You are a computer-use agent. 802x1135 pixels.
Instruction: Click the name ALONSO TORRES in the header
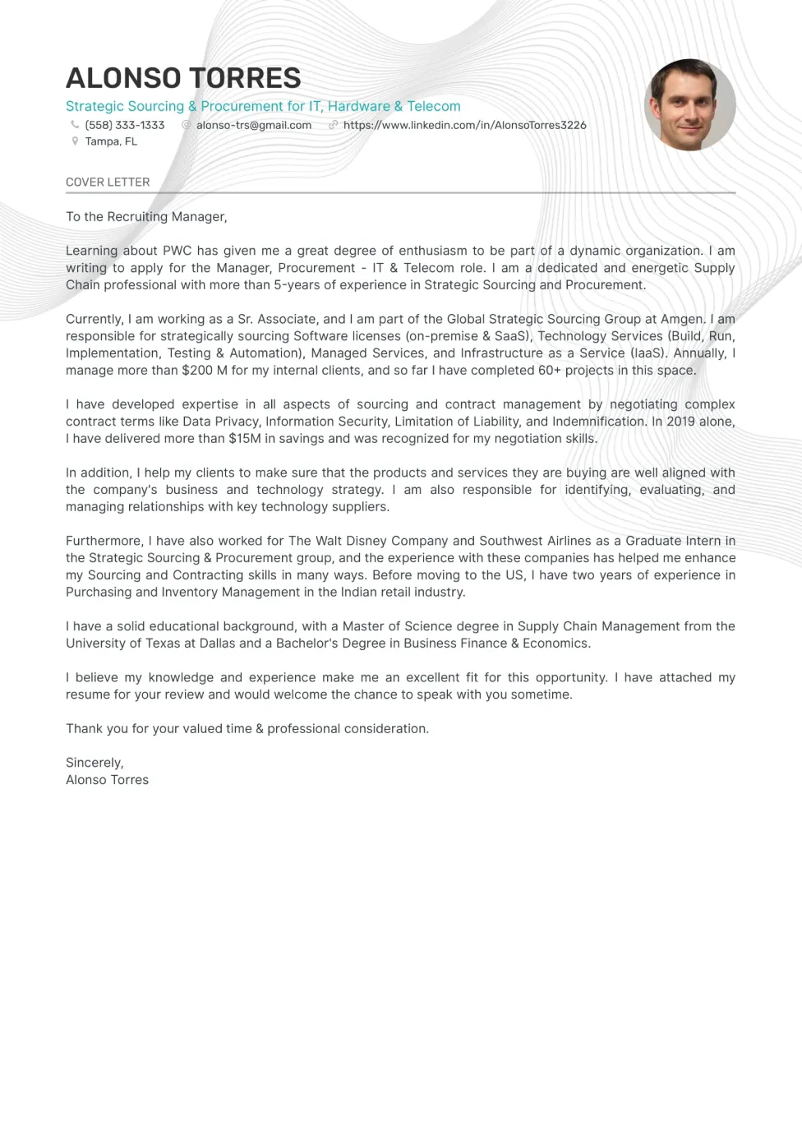pos(183,78)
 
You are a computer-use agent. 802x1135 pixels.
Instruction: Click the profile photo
pos(689,104)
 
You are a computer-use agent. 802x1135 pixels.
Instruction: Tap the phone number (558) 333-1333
pos(124,125)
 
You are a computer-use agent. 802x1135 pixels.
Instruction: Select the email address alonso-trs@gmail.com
pos(253,125)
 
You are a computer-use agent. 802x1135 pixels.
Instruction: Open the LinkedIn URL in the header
pos(464,125)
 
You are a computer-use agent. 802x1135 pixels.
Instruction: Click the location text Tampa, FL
pos(111,141)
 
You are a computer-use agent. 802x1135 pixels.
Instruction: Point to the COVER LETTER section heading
pos(108,182)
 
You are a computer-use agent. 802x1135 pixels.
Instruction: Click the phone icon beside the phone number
pos(75,125)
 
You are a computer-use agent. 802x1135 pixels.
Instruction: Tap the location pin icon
pos(75,141)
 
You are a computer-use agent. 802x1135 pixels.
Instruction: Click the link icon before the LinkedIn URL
pos(333,125)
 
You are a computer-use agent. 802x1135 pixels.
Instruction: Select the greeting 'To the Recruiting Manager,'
pos(146,216)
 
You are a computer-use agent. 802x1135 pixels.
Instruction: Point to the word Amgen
pos(682,319)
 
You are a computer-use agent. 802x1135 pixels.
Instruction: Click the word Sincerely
pos(94,762)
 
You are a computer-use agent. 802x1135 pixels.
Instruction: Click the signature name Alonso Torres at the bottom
pos(107,779)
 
